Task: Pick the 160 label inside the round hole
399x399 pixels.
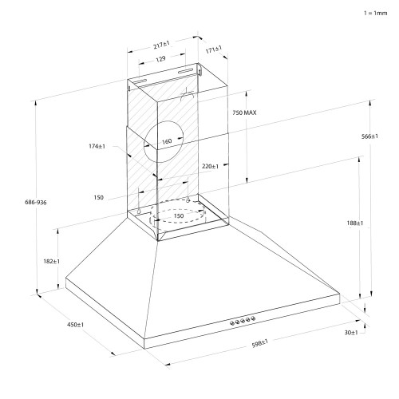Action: coord(167,142)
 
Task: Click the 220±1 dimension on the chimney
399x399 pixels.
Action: coord(210,166)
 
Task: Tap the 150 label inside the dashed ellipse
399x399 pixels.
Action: coord(179,215)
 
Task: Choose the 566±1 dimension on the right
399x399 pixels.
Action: coord(368,136)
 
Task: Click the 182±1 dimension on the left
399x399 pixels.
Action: coord(51,261)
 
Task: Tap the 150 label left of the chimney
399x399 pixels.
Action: coord(98,196)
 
